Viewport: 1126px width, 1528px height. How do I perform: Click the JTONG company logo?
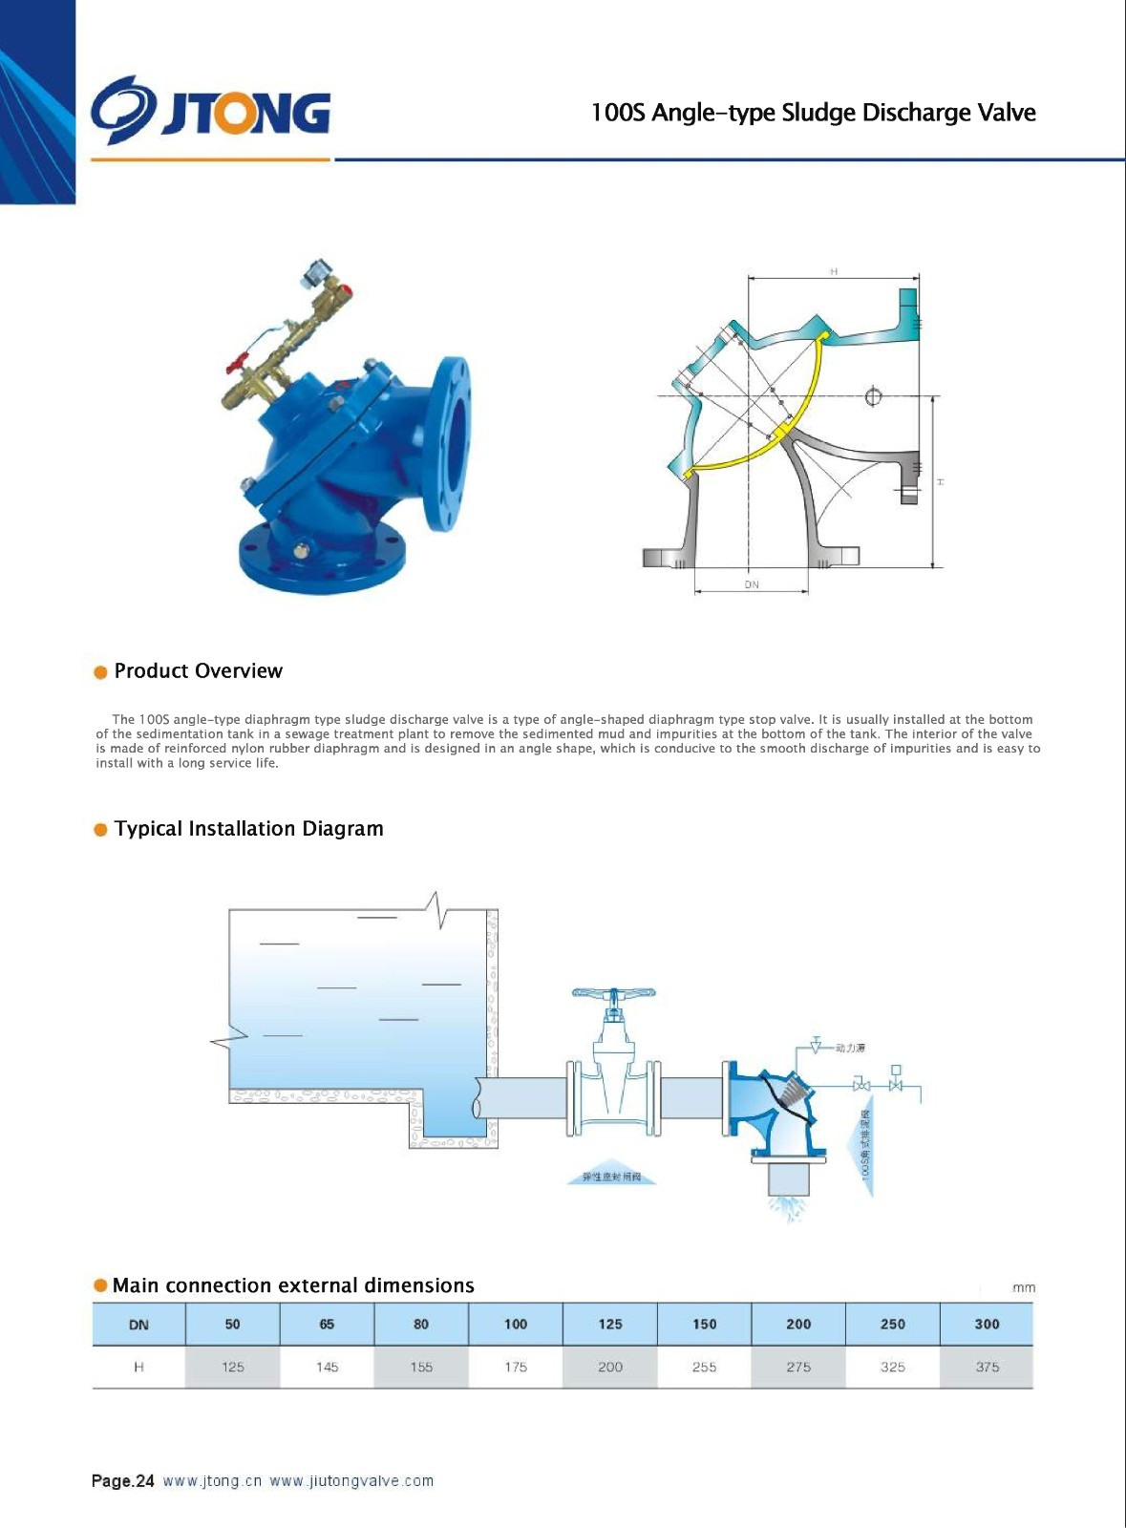click(211, 112)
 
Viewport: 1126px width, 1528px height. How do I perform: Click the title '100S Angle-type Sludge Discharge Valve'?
click(813, 113)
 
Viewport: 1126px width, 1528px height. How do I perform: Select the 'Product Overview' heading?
click(198, 671)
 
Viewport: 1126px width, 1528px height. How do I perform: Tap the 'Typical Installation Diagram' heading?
click(248, 829)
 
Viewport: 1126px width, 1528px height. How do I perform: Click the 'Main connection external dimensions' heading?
click(293, 1285)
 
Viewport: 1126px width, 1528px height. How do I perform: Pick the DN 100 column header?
click(516, 1325)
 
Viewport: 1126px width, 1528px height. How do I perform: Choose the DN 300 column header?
click(987, 1325)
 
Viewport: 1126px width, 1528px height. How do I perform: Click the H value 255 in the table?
click(704, 1368)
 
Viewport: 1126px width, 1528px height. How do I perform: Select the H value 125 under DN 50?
click(233, 1368)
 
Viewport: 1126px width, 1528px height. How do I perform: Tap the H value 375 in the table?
click(987, 1368)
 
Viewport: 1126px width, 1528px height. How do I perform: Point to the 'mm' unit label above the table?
click(1023, 1288)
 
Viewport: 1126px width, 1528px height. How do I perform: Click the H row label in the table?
click(138, 1368)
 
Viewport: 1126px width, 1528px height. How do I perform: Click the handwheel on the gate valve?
click(614, 993)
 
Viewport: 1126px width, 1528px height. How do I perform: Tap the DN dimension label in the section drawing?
click(752, 584)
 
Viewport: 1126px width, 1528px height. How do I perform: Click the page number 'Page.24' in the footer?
click(122, 1481)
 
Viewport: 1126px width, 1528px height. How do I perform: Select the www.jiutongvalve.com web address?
click(351, 1481)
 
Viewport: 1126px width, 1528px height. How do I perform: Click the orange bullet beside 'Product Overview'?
click(100, 672)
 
